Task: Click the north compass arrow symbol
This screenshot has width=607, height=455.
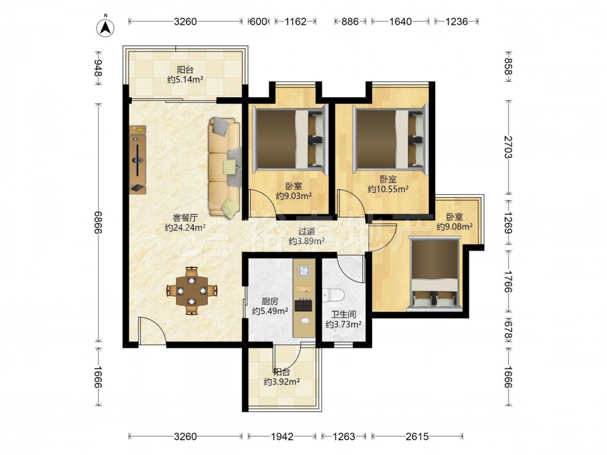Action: click(x=105, y=26)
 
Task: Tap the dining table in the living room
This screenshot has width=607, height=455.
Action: click(x=192, y=290)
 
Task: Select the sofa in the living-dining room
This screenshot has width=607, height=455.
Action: click(x=225, y=167)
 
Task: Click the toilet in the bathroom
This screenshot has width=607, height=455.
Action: click(x=333, y=296)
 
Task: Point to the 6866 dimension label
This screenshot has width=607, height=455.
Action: click(x=98, y=222)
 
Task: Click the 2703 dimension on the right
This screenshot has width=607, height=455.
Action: click(x=508, y=147)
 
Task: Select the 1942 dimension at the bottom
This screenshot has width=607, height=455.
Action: click(x=282, y=436)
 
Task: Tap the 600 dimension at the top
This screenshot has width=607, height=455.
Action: click(x=258, y=21)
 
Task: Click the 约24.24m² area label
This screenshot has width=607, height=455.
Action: click(x=185, y=227)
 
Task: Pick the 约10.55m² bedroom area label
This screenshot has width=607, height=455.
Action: click(x=388, y=189)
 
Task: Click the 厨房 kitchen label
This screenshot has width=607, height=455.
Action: click(x=270, y=301)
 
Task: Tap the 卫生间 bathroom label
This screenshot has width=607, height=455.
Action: click(x=344, y=314)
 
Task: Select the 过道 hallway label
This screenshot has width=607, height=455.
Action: click(x=306, y=231)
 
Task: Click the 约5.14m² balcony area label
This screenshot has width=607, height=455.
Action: click(x=185, y=79)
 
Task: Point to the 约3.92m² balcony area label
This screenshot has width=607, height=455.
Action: click(x=282, y=382)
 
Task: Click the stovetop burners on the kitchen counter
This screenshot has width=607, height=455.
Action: click(x=303, y=306)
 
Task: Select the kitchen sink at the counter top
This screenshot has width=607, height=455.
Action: click(x=304, y=271)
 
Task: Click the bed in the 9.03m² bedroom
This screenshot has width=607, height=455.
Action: click(x=289, y=140)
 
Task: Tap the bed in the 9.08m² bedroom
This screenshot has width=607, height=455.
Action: click(x=435, y=274)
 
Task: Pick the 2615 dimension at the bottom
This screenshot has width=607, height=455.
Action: click(x=417, y=436)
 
